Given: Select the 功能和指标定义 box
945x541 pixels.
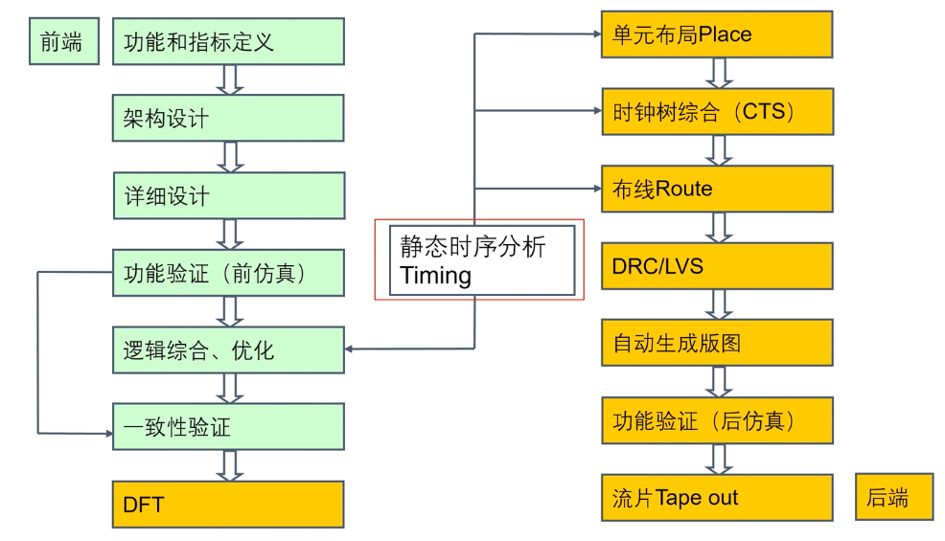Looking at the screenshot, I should pos(228,41).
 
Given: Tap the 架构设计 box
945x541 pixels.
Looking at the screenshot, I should pos(228,118).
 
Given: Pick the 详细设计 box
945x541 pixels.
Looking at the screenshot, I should pos(228,195).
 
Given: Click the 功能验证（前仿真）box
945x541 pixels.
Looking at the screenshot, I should pos(228,273).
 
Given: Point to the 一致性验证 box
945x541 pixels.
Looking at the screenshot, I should pos(228,427).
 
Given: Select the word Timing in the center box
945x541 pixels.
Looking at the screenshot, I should pos(436,276).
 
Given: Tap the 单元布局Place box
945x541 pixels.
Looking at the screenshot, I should pos(717,34).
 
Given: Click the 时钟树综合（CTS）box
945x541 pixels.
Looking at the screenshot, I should pos(717,111).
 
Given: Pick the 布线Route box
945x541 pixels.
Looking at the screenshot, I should pos(717,189).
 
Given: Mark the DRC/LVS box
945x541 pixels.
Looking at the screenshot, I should pos(717,265).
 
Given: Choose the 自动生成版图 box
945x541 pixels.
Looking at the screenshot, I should pos(717,343).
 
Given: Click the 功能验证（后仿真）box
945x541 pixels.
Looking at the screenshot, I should pos(717,419).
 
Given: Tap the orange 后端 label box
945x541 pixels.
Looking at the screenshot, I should pos(894,498).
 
